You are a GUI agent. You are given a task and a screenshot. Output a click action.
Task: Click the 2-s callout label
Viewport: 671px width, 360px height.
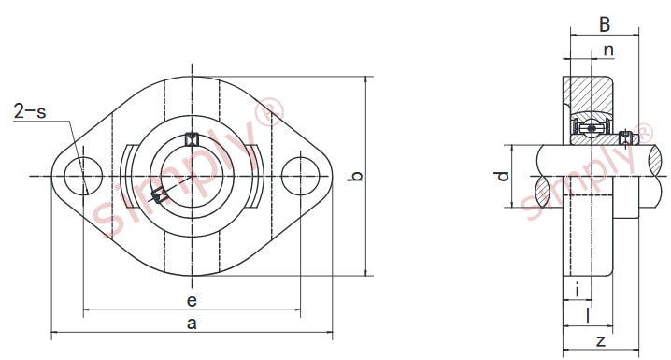(30, 111)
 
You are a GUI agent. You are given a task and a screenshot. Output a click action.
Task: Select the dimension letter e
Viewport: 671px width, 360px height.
(193, 300)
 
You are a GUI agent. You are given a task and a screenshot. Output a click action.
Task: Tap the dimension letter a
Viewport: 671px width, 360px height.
(193, 324)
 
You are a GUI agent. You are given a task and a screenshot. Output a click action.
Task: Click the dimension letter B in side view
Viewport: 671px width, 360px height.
(605, 24)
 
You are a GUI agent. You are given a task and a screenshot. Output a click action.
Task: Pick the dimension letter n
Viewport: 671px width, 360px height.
(608, 50)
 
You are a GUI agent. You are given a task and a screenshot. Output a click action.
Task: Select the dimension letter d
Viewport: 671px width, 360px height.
(502, 176)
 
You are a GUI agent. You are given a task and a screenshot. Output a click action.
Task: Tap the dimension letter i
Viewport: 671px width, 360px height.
(578, 290)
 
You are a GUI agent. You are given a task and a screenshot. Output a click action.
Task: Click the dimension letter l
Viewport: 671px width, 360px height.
(588, 315)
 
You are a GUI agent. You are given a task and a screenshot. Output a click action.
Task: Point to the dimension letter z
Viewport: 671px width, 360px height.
(601, 341)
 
